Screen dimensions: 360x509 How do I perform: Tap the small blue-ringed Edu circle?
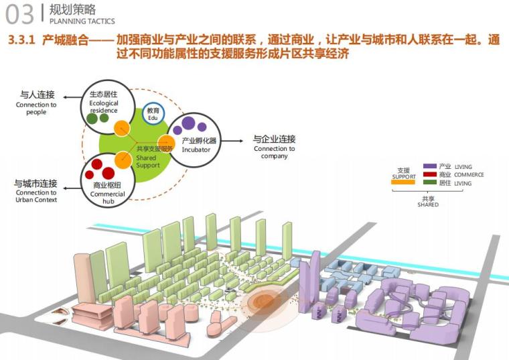(153, 113)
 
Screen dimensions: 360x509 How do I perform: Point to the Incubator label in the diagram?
(196, 149)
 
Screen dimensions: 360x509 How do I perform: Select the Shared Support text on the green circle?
(147, 162)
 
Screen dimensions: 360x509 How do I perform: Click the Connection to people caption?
(36, 109)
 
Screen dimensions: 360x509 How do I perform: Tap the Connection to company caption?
(275, 152)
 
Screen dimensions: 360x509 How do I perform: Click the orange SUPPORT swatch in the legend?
(403, 182)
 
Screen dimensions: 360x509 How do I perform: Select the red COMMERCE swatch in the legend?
(429, 174)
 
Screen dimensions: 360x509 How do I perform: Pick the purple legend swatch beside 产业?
(429, 166)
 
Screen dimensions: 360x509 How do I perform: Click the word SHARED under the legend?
(428, 204)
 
